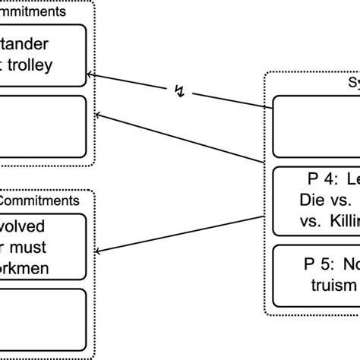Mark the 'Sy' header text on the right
pyautogui.click(x=352, y=83)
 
